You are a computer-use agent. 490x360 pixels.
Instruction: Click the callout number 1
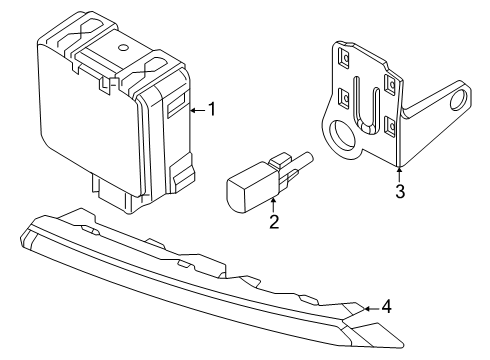(212, 109)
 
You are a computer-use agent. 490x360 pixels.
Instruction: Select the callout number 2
(274, 222)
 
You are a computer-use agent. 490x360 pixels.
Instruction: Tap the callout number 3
(400, 191)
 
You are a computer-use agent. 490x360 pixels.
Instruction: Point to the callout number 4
(386, 307)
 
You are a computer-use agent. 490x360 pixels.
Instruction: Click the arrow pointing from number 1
(198, 110)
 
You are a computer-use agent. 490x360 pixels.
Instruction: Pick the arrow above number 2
(273, 205)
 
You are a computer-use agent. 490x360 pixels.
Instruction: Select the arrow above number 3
(400, 174)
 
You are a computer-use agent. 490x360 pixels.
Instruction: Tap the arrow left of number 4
(371, 309)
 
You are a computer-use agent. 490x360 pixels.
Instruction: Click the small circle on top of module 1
(123, 48)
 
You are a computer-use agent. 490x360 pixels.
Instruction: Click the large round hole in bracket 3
(342, 135)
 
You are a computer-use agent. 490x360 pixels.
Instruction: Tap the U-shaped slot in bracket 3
(366, 106)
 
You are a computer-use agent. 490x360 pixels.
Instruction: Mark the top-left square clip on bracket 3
(344, 58)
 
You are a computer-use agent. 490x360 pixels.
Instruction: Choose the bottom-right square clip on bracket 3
(390, 126)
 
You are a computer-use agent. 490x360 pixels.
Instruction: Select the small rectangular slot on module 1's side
(176, 104)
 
